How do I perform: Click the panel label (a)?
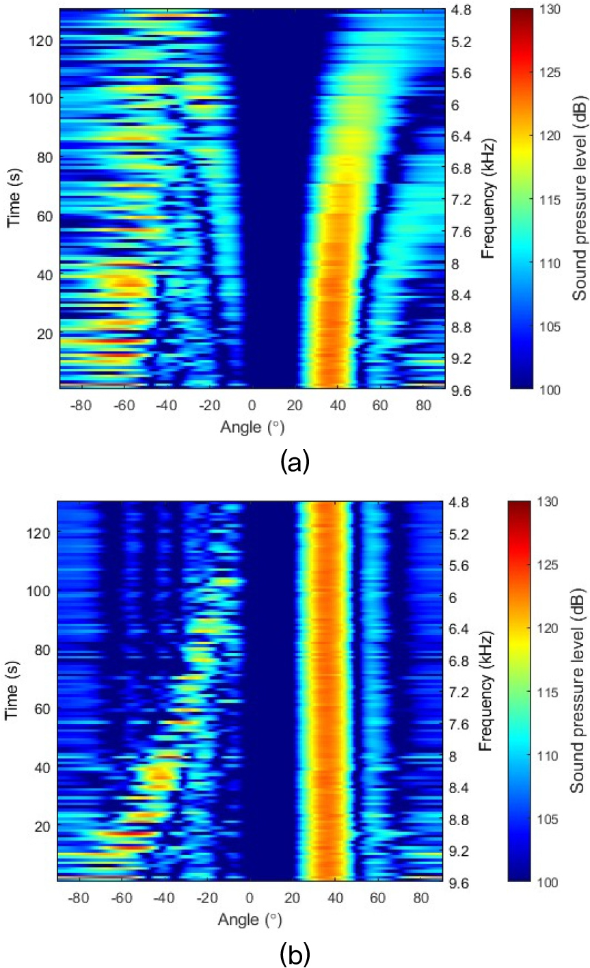pos(295,463)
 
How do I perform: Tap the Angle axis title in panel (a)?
pos(252,427)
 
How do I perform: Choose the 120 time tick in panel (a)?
pos(42,40)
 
